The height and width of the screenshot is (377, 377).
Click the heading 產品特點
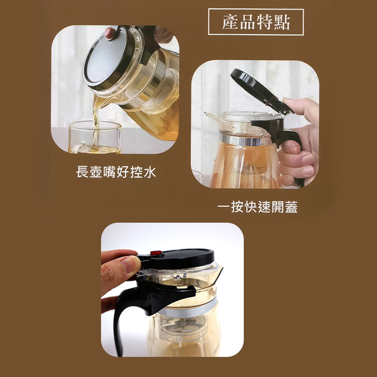point(256,23)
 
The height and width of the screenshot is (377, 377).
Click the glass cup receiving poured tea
point(94,137)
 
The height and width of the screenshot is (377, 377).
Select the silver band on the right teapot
point(246,140)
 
